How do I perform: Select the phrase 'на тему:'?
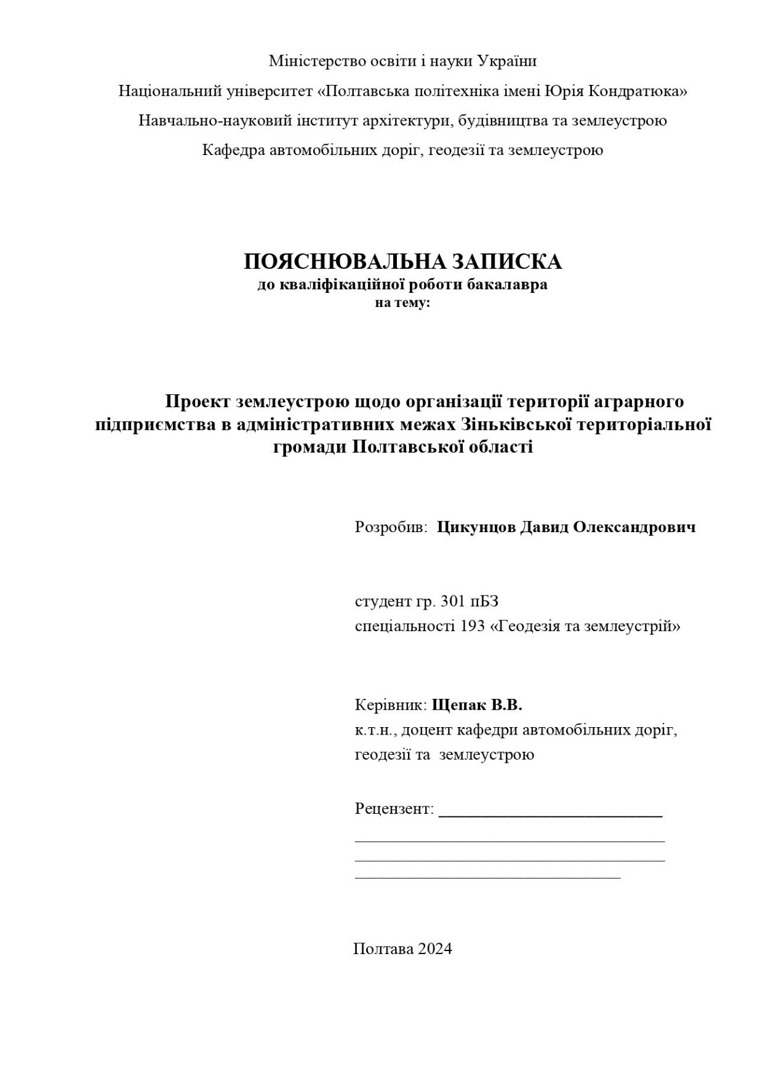coord(402,302)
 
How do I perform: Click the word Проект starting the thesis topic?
coord(198,401)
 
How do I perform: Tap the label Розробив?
coord(391,527)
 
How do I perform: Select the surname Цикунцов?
coord(476,527)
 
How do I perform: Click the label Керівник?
coord(391,705)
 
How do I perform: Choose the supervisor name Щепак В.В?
coord(477,705)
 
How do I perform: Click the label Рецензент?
coord(394,808)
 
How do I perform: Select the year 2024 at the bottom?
coord(435,948)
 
